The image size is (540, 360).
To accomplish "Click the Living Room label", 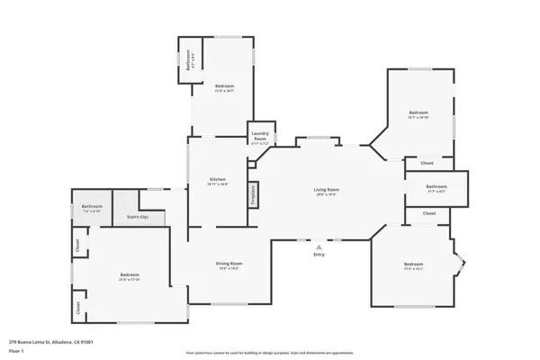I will pyautogui.click(x=326, y=190).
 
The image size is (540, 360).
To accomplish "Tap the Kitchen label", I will pyautogui.click(x=218, y=178).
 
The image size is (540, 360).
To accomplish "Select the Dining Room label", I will pyautogui.click(x=229, y=263).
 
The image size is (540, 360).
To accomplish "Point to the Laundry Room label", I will pyautogui.click(x=260, y=138).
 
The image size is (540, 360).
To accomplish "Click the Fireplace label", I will pyautogui.click(x=254, y=197).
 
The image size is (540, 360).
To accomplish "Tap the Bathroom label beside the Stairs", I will pyautogui.click(x=92, y=206).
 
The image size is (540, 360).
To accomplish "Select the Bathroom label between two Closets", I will pyautogui.click(x=436, y=186).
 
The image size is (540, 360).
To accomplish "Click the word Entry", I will pyautogui.click(x=319, y=255).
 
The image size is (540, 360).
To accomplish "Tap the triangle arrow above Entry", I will pyautogui.click(x=319, y=246).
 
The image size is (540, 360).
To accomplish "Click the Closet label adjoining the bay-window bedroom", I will pyautogui.click(x=428, y=213).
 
